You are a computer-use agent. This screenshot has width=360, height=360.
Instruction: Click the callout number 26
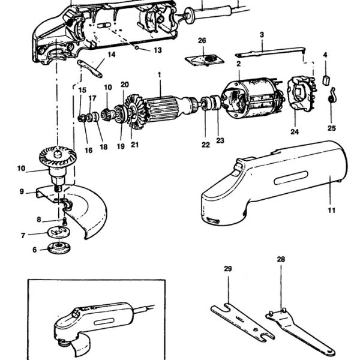point(202,41)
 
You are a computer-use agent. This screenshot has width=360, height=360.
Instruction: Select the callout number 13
point(157,50)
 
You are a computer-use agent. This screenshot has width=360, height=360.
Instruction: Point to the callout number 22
point(205,144)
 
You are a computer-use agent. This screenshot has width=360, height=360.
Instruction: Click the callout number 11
point(331,211)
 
